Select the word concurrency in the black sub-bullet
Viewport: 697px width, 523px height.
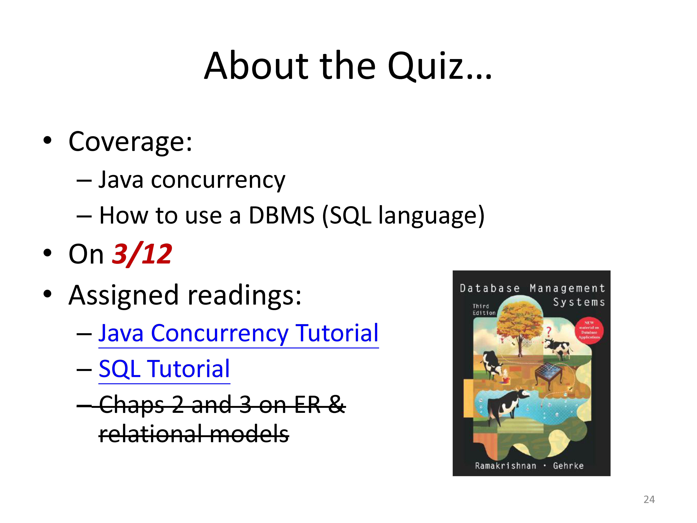pos(218,180)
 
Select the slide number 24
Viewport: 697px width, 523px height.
pos(649,499)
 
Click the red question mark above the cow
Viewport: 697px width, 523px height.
pos(549,332)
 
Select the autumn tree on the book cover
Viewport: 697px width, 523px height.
pos(520,328)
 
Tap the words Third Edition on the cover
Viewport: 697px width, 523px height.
pos(484,309)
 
